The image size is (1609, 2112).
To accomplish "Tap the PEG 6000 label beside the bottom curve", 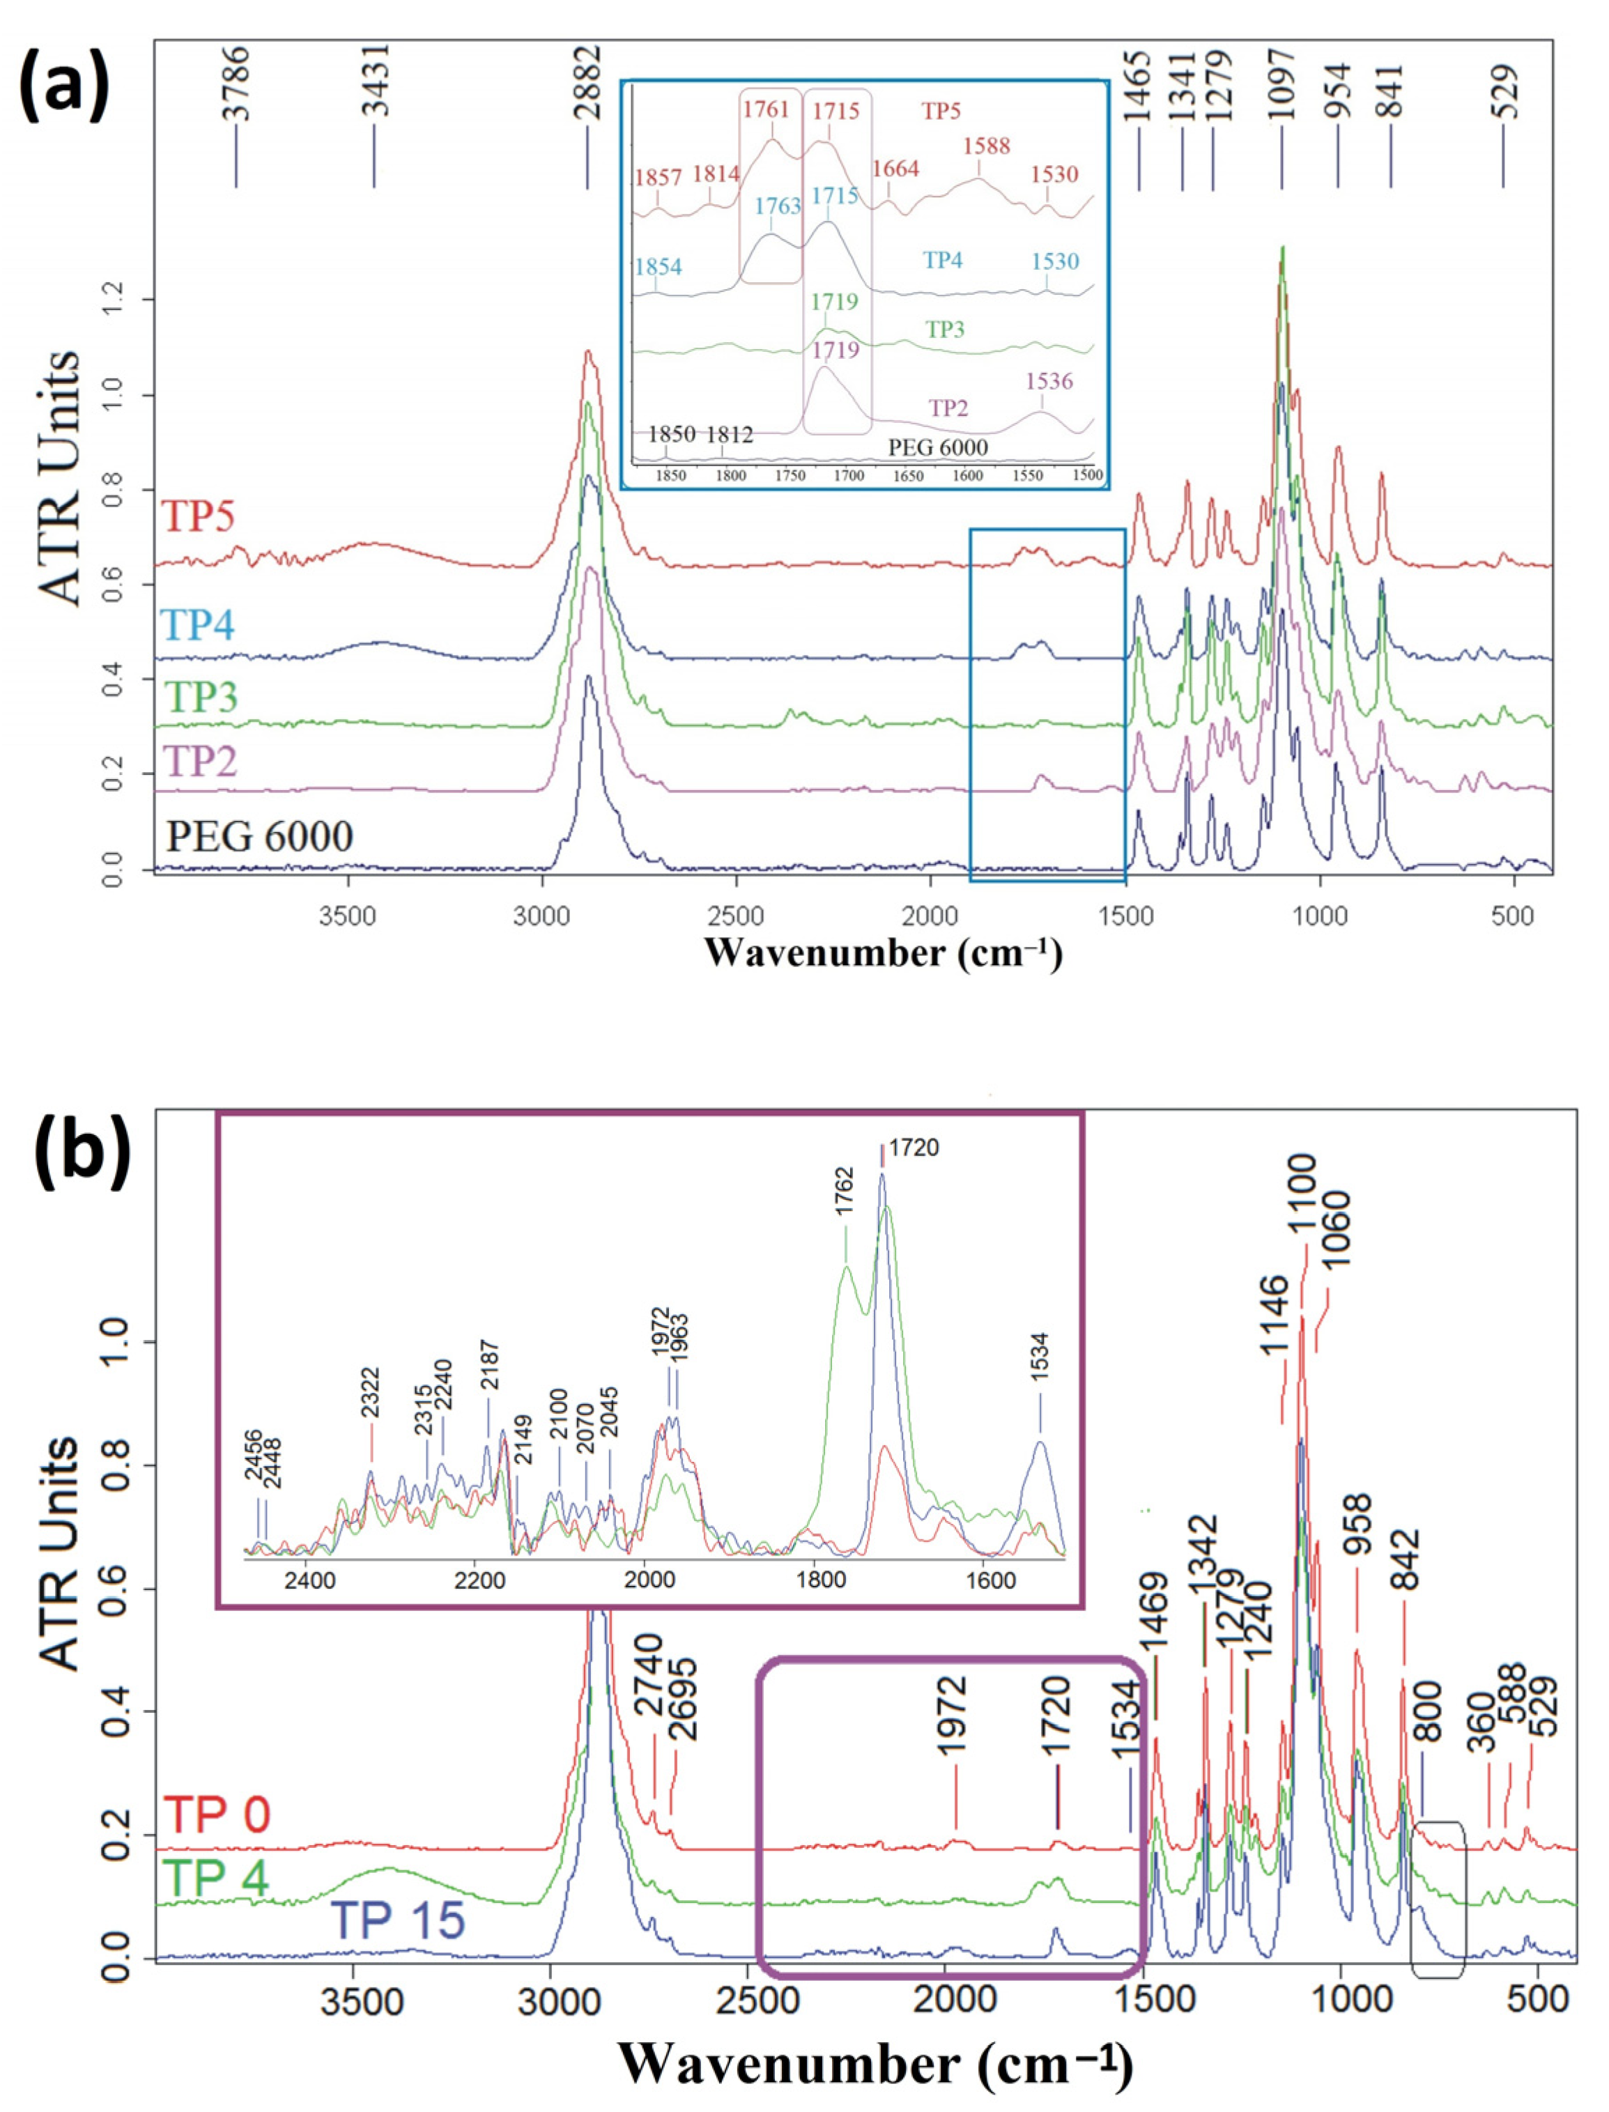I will pyautogui.click(x=259, y=837).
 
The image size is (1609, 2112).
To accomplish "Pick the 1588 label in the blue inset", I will pyautogui.click(x=987, y=146).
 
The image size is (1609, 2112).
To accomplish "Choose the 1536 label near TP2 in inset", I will pyautogui.click(x=1049, y=381).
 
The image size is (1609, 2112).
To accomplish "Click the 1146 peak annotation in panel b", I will pyautogui.click(x=1274, y=1315).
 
